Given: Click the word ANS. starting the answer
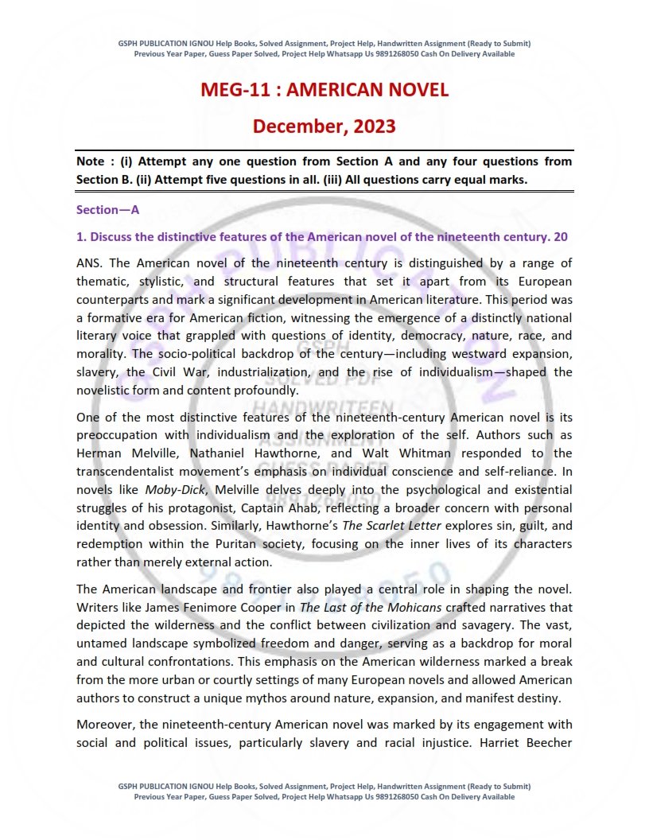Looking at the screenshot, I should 91,263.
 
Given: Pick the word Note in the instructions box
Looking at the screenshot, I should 91,161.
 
